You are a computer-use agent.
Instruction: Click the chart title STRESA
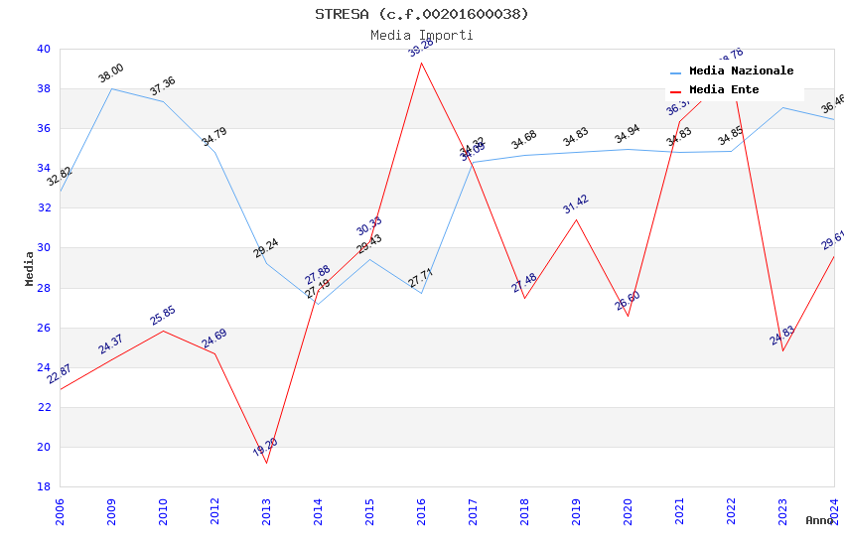421,14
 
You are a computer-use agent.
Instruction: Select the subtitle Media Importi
421,35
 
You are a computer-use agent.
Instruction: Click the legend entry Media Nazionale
741,71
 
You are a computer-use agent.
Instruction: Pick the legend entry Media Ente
723,90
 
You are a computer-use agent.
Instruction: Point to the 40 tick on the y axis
43,49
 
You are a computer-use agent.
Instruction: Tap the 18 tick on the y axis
43,486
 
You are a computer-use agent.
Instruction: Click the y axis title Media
30,268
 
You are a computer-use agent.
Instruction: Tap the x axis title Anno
819,520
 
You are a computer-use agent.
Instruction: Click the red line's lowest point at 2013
266,463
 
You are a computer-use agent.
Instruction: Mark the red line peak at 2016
421,63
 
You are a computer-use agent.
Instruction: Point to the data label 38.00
110,72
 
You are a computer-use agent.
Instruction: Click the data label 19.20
265,448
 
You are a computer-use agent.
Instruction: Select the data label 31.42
576,205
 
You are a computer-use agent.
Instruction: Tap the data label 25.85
163,316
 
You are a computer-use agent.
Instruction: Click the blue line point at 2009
111,88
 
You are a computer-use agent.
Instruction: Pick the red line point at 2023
782,350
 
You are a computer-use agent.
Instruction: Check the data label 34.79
213,137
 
